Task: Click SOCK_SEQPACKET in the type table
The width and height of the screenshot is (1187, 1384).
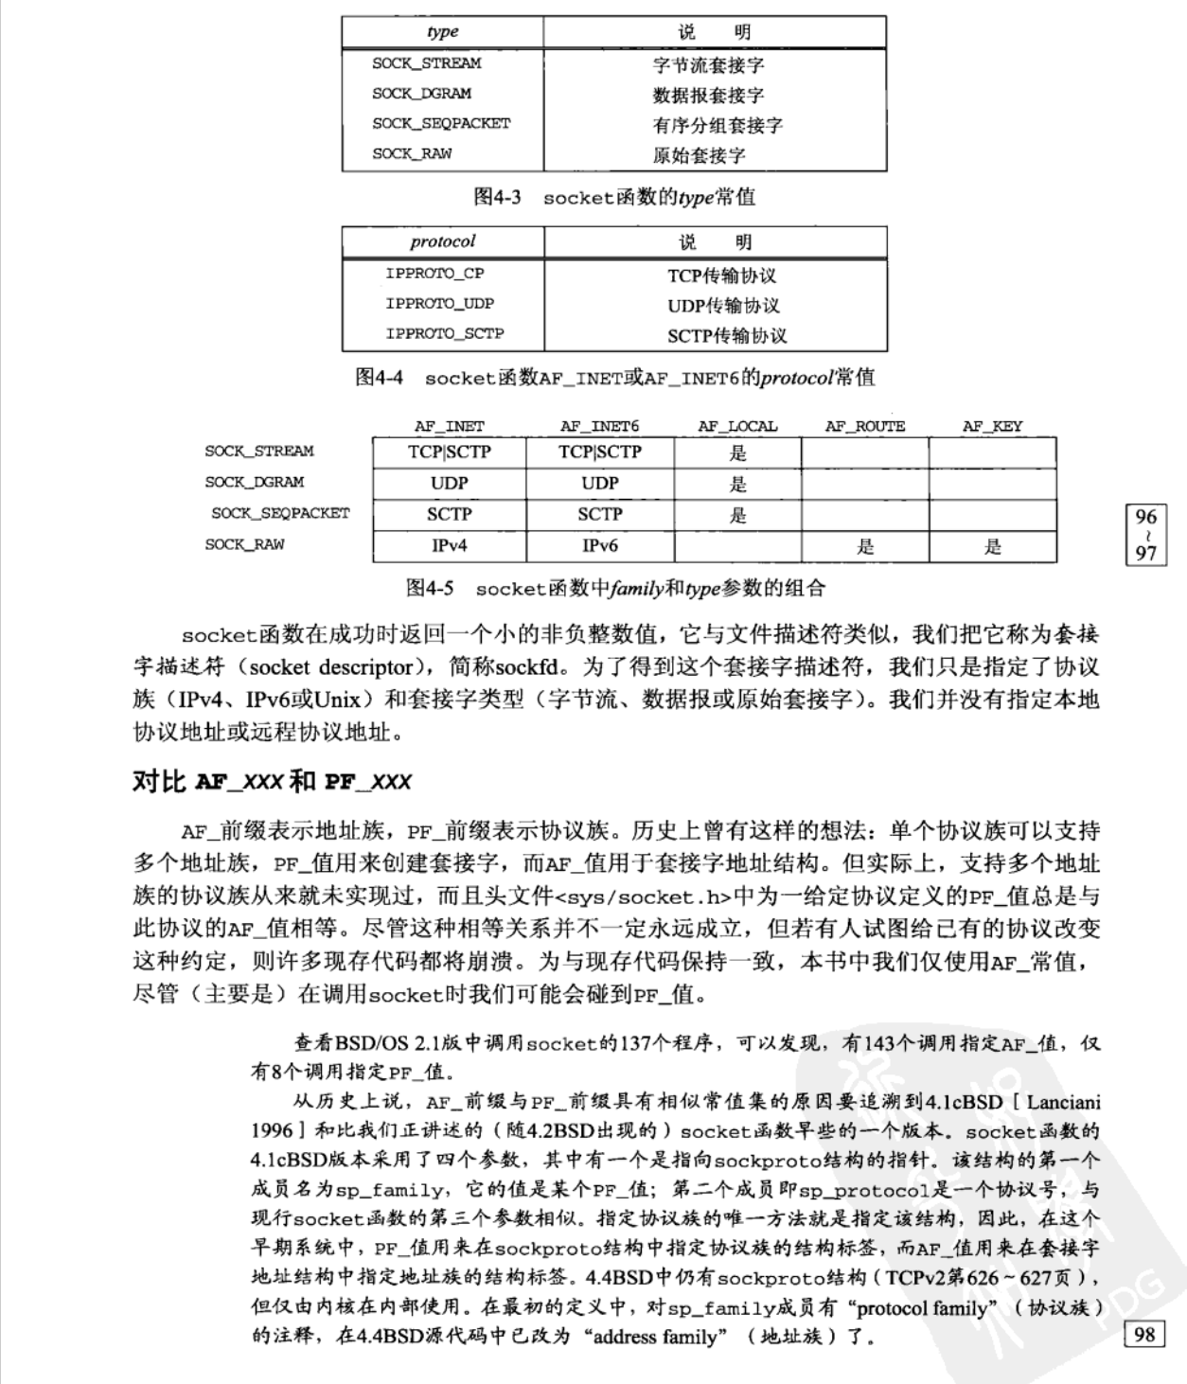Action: click(440, 123)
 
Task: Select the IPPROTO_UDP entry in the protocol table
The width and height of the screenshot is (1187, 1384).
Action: click(439, 304)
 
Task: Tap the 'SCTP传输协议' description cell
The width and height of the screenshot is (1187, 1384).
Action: click(726, 335)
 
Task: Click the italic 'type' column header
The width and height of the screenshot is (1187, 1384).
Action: click(442, 31)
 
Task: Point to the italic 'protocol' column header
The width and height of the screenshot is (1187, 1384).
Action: click(442, 241)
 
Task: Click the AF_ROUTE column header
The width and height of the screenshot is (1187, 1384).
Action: click(864, 426)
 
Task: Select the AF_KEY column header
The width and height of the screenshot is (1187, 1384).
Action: click(992, 426)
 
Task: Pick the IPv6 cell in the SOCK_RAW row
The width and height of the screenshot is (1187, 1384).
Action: click(600, 545)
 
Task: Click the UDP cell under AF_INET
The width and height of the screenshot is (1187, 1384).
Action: click(449, 483)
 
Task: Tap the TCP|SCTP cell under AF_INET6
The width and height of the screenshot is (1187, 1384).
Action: click(600, 452)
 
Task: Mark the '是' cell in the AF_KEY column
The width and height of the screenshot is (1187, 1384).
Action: click(992, 546)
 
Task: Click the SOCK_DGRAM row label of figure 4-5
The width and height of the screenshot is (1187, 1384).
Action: click(254, 482)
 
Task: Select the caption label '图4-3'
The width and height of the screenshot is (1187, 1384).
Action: click(497, 197)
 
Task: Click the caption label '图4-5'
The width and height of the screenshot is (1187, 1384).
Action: click(429, 588)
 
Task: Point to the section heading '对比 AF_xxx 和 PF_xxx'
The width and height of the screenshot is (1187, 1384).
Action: click(272, 781)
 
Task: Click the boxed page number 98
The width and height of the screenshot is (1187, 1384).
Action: click(1143, 1334)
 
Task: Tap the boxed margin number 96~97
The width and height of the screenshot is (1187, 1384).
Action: click(1145, 534)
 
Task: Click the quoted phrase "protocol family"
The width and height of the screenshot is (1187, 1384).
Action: click(920, 1307)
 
